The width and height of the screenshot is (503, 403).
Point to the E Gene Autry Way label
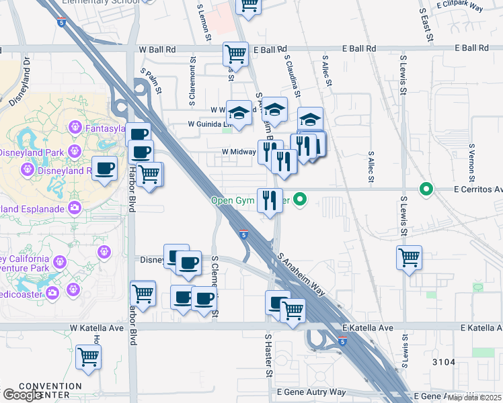[x=310, y=392]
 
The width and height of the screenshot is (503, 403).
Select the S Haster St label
[x=268, y=355]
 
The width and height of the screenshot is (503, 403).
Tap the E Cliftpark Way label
[x=460, y=5]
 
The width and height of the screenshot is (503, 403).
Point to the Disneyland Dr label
[x=20, y=81]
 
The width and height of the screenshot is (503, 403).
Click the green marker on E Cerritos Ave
[x=426, y=189]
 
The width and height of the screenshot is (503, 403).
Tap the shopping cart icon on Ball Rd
[x=236, y=54]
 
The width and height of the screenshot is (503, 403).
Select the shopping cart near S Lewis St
[x=409, y=258]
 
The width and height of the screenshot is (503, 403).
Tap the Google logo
[x=22, y=395]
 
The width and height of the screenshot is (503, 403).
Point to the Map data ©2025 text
[x=474, y=398]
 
